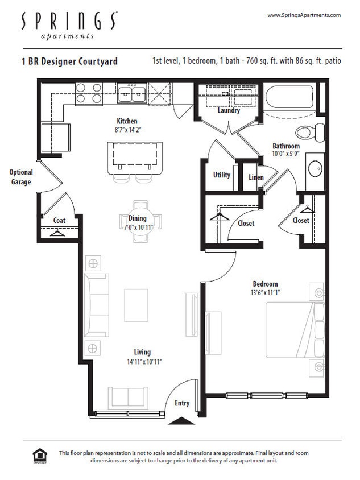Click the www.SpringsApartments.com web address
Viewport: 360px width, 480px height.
tap(304, 15)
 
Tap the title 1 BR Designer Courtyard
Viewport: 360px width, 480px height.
tap(69, 61)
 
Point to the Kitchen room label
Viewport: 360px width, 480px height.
tap(127, 121)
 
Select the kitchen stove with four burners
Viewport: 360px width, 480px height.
tap(89, 93)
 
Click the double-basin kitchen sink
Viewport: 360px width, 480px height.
tap(131, 93)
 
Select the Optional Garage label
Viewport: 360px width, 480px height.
tap(21, 177)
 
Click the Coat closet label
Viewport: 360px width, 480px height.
tap(59, 220)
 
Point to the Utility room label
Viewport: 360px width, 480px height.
tap(222, 175)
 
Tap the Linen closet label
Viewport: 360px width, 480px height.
tap(256, 177)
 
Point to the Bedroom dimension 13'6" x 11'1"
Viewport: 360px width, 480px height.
tap(266, 293)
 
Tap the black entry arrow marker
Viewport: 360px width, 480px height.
tap(182, 421)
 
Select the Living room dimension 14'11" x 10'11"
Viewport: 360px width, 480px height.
tap(143, 362)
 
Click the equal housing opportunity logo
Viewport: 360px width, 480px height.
tap(40, 456)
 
